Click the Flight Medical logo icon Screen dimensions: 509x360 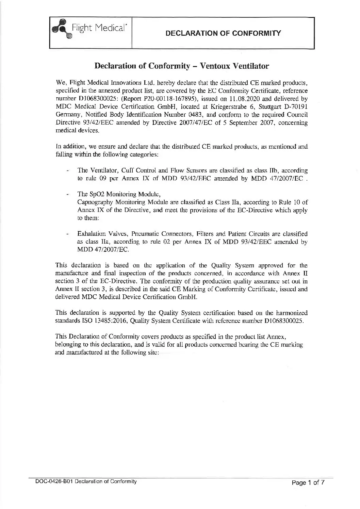tap(61, 30)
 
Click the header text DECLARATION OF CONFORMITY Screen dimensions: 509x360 tap(223, 33)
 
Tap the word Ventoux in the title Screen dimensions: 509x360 tap(216, 66)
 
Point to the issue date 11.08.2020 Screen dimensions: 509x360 tap(251, 99)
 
